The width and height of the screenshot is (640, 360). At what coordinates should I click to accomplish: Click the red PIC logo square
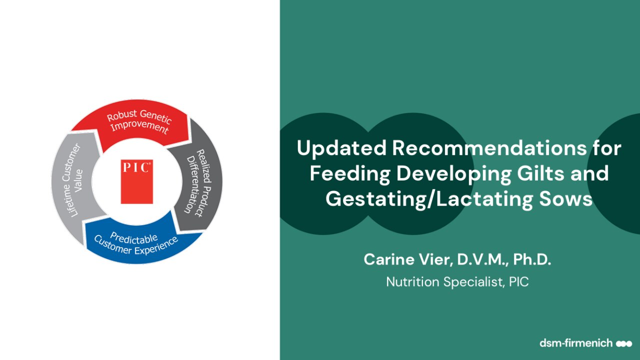137,181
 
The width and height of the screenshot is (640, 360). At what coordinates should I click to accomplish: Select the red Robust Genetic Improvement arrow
134,123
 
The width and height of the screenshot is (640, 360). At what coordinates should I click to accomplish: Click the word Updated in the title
341,148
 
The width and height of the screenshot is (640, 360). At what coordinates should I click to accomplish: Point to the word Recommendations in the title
489,147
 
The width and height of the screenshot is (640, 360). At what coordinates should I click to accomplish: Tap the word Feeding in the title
350,173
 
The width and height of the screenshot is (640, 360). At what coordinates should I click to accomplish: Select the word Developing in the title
454,173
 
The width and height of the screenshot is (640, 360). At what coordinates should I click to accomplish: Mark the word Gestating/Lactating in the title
429,199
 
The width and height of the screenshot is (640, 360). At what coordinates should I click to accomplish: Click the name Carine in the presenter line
389,259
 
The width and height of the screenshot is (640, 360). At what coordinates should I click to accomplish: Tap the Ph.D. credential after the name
532,259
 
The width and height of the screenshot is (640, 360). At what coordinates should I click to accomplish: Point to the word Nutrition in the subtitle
412,282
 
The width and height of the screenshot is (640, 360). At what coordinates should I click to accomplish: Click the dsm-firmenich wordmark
576,343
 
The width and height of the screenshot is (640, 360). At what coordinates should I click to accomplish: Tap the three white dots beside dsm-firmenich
624,343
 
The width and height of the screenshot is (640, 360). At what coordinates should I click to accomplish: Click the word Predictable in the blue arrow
133,237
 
